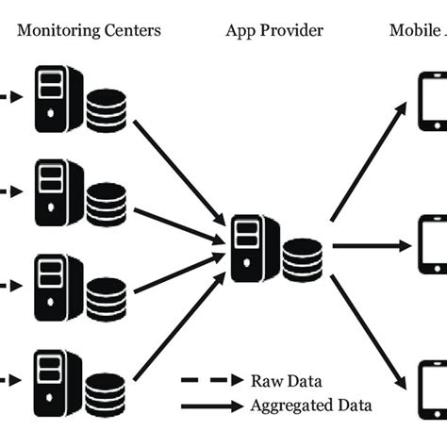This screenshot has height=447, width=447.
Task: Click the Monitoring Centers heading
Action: coord(90,30)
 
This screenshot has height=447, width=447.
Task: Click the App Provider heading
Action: coord(274,30)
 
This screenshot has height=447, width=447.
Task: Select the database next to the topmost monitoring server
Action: coord(106,109)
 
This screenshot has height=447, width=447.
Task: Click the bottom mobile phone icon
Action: coord(432,388)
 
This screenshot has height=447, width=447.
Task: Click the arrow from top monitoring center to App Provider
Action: coord(179,168)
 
